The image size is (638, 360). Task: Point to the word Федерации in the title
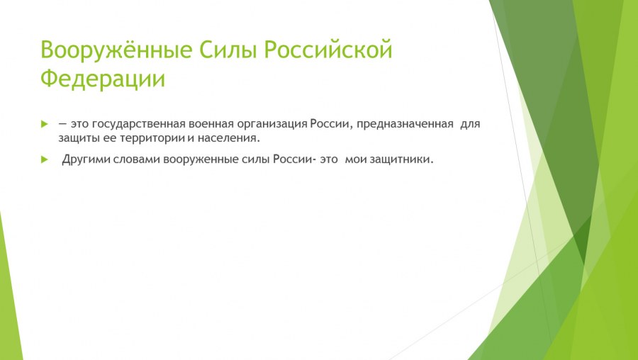103,78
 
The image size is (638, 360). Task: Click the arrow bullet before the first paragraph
45,124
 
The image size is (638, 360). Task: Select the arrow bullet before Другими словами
45,159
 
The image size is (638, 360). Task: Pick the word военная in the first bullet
218,124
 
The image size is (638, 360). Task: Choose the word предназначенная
405,124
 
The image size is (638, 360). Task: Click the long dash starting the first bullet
62,124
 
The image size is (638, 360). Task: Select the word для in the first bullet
471,124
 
